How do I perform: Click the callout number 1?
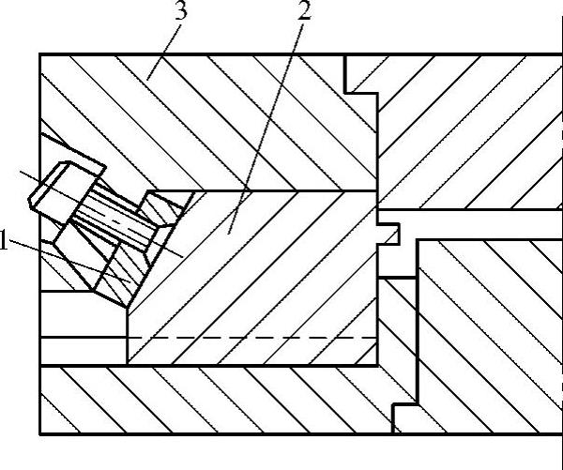coord(6,243)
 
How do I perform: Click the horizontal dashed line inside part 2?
coord(253,337)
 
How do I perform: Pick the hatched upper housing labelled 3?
coord(235,113)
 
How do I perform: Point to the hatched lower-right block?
coord(488,328)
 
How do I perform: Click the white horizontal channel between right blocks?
coord(479,222)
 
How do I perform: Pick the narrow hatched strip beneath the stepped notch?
coord(395,338)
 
